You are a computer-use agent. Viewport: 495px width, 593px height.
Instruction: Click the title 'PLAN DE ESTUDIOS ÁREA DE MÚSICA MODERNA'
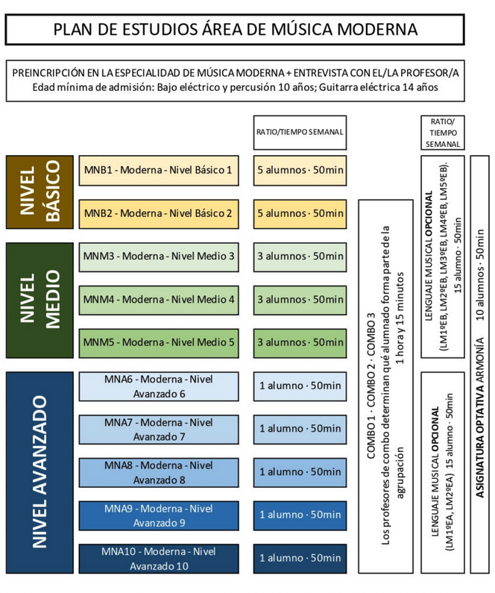[235, 29]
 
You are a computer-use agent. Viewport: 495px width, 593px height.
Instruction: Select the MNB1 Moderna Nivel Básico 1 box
[158, 171]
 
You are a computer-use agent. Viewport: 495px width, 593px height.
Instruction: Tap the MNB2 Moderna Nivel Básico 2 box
[158, 213]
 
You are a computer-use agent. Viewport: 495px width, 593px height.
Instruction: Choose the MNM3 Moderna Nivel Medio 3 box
[158, 257]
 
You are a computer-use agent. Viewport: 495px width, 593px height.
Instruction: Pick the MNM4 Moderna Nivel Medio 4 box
[158, 300]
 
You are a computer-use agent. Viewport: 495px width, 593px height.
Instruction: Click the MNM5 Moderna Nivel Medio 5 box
[158, 342]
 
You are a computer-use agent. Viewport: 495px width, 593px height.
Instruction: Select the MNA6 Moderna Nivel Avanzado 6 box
[158, 386]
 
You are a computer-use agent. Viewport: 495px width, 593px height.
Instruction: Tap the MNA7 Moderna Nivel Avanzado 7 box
[158, 429]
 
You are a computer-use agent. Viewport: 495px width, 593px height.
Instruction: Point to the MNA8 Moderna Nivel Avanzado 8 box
[158, 472]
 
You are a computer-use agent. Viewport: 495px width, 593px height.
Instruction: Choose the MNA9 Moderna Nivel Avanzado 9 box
[158, 515]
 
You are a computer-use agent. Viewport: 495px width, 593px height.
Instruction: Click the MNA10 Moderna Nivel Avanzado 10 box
[158, 558]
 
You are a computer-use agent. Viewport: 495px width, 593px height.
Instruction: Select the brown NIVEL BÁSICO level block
[39, 192]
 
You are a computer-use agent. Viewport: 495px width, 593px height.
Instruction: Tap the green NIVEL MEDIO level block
[39, 300]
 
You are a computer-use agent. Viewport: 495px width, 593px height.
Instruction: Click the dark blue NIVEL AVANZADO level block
[39, 472]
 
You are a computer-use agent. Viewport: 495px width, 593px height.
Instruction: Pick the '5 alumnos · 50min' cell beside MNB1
[300, 171]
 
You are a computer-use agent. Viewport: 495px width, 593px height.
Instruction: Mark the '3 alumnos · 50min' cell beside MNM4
[300, 300]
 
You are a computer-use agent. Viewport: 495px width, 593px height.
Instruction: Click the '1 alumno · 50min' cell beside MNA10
[300, 558]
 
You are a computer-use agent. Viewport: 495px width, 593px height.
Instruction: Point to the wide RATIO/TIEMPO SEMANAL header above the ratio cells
[300, 132]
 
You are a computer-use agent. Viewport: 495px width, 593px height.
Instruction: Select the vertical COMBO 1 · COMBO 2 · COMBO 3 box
[385, 386]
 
